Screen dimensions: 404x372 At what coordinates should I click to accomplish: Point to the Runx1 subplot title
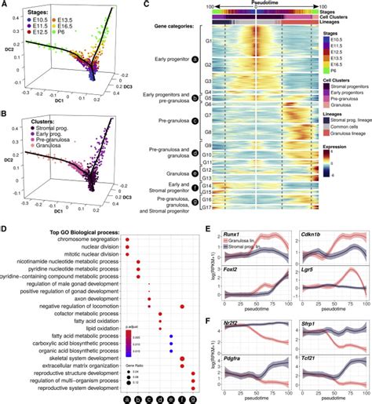[x=233, y=235]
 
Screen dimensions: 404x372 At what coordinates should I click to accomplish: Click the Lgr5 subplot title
[x=302, y=268]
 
